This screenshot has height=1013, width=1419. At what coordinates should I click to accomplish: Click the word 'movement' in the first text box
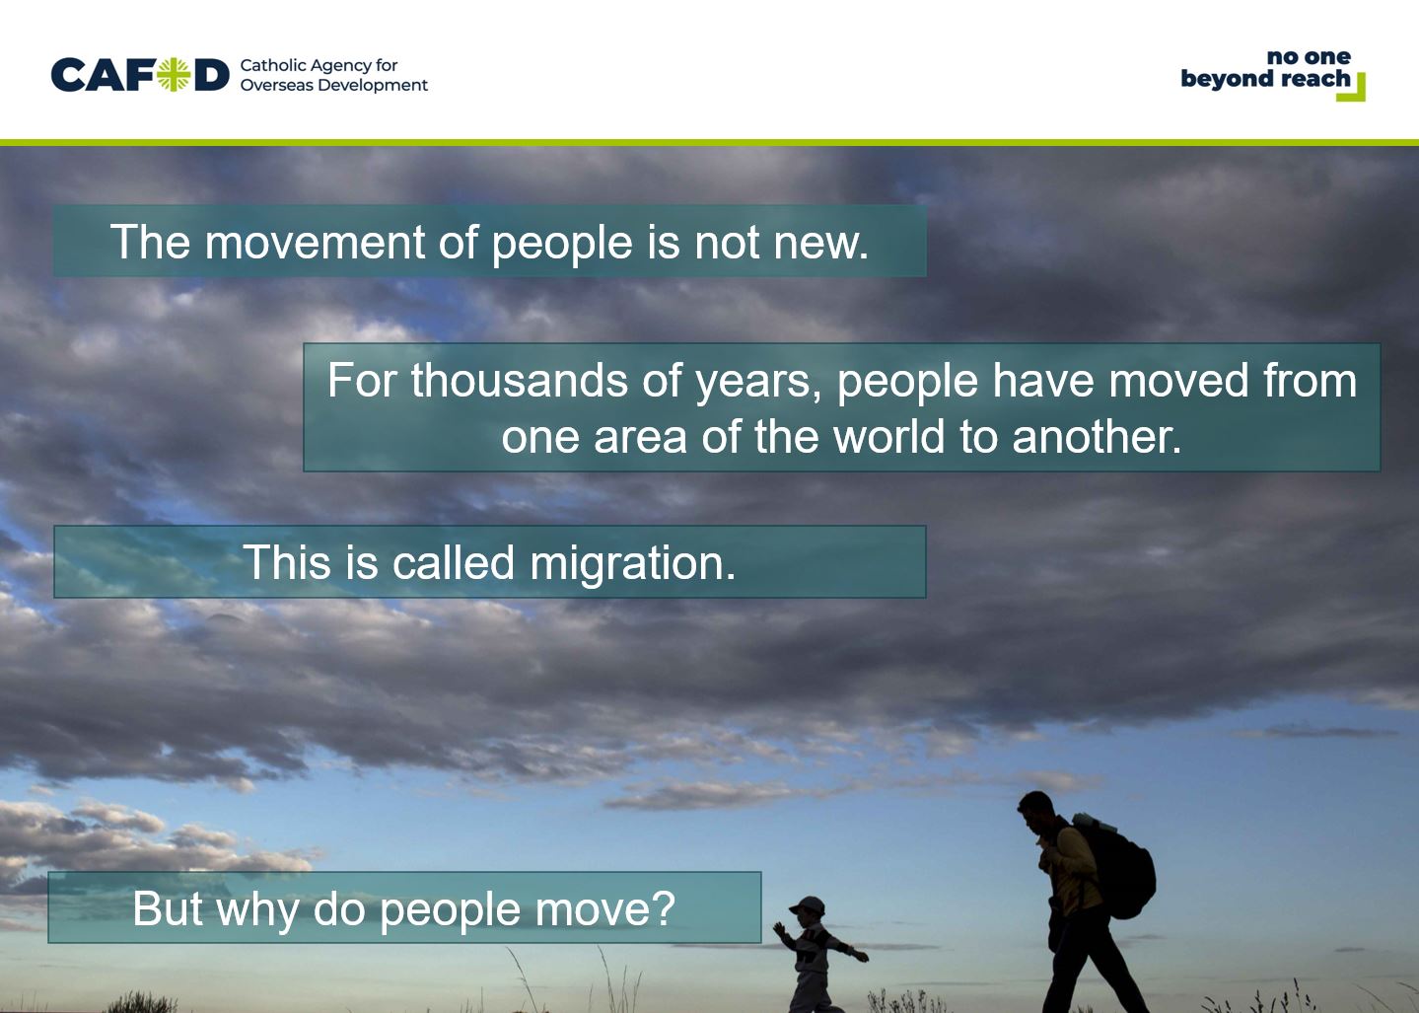tap(315, 242)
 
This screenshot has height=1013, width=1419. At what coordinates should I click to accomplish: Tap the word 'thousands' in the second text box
tap(520, 381)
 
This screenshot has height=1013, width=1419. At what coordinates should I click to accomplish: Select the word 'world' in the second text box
tap(888, 437)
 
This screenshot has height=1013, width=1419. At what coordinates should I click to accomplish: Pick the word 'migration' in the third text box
tap(632, 563)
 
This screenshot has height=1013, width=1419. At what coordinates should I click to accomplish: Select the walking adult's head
tap(1036, 812)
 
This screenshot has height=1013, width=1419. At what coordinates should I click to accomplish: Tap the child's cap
tap(807, 905)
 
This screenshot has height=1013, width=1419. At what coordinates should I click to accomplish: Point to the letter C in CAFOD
tap(68, 75)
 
